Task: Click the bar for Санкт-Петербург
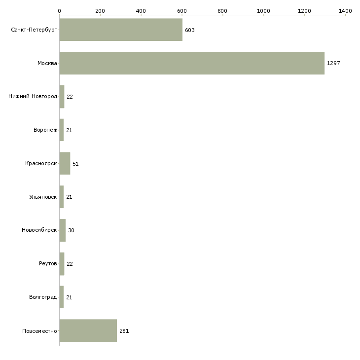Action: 121,30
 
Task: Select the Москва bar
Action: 192,63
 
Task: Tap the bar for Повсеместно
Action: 88,330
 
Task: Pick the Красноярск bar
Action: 65,163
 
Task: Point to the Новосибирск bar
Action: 63,230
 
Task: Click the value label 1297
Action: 333,64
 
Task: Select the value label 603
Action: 190,30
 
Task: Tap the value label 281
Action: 124,331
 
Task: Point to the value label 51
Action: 75,164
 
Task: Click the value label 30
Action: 71,231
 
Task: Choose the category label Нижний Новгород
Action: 33,97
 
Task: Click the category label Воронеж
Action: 45,130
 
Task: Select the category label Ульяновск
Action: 43,197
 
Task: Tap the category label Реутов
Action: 48,264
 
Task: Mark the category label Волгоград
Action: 43,297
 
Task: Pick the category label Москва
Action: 47,63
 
